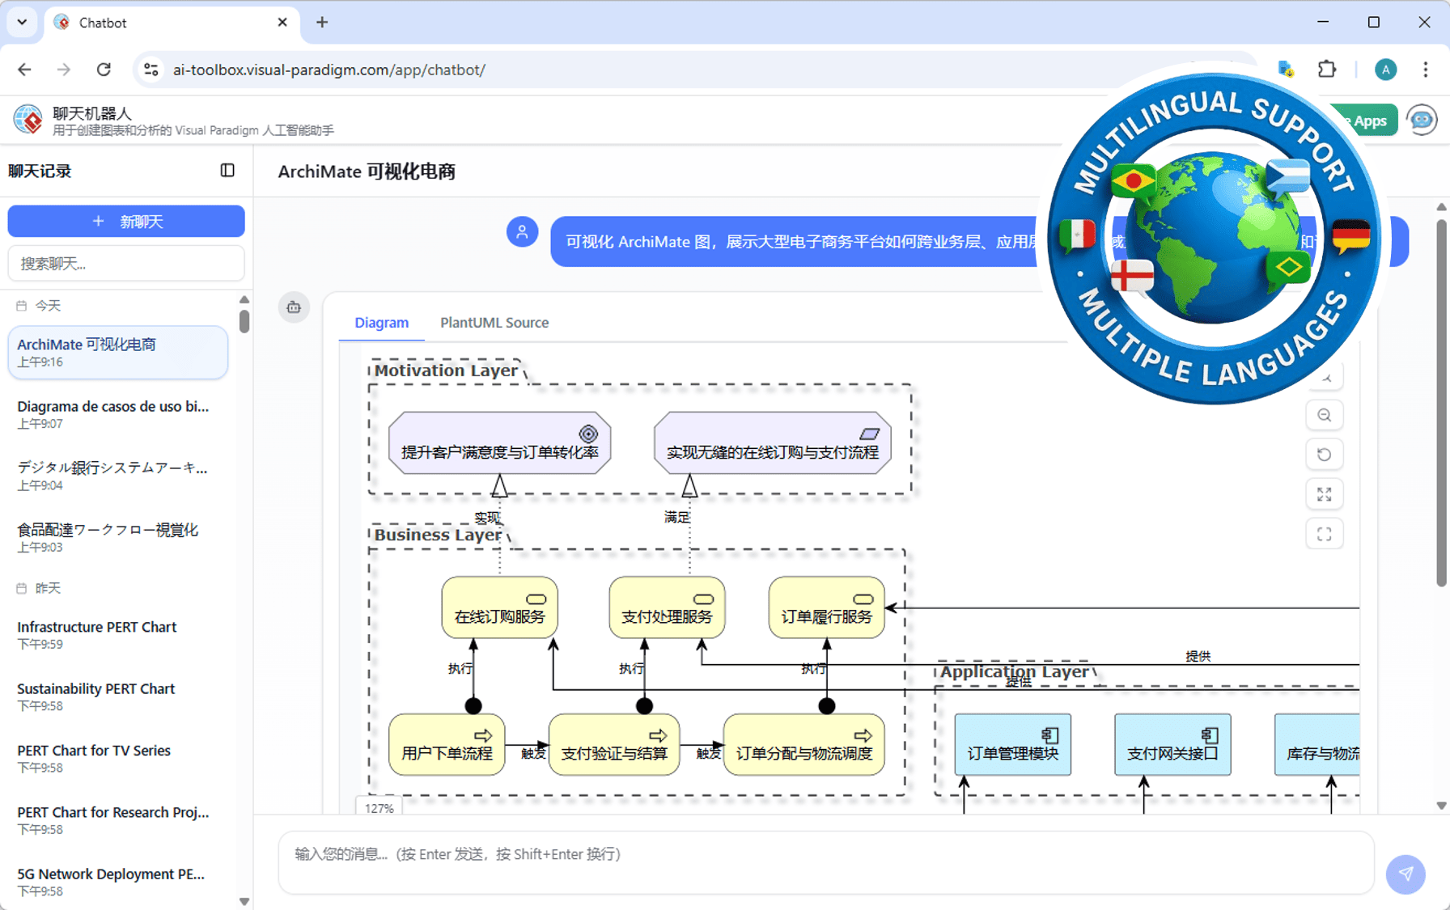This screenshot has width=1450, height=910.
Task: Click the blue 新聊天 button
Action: pyautogui.click(x=126, y=221)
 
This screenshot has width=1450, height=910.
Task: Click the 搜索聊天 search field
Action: pyautogui.click(x=126, y=264)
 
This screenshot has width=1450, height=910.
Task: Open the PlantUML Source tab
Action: pyautogui.click(x=494, y=322)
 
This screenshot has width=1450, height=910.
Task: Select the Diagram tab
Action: pyautogui.click(x=381, y=322)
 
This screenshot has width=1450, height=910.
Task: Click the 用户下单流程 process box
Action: pyautogui.click(x=447, y=745)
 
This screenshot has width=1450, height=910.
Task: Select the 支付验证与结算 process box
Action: pyautogui.click(x=614, y=745)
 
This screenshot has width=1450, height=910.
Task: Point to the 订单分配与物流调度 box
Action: pyautogui.click(x=803, y=745)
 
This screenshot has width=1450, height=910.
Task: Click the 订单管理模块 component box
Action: pyautogui.click(x=1012, y=745)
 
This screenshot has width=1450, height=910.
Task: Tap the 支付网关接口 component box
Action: pyautogui.click(x=1172, y=745)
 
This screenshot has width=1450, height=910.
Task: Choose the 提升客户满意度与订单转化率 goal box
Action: pyautogui.click(x=499, y=443)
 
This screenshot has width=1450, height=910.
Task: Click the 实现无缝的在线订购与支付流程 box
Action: pyautogui.click(x=772, y=443)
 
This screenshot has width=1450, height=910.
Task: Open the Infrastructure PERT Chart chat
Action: pyautogui.click(x=97, y=634)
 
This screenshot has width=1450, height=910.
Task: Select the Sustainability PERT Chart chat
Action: pyautogui.click(x=96, y=696)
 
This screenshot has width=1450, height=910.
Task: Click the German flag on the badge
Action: pyautogui.click(x=1350, y=236)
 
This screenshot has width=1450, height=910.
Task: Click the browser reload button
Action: pyautogui.click(x=104, y=70)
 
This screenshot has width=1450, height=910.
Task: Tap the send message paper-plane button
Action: pyautogui.click(x=1405, y=874)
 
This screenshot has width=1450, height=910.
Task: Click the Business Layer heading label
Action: pyautogui.click(x=438, y=535)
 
